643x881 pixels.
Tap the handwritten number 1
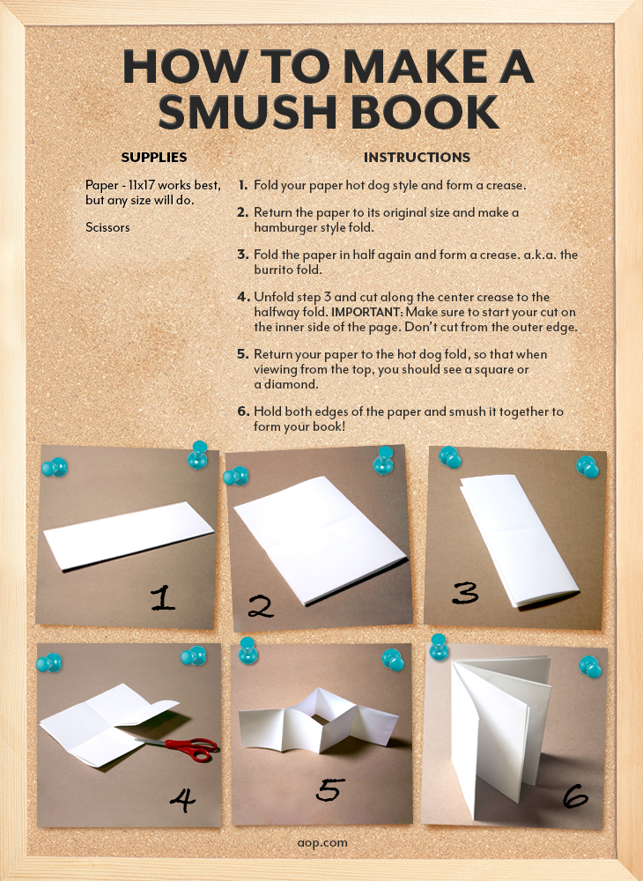click(163, 598)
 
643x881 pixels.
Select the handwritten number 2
click(260, 607)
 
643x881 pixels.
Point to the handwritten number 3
click(466, 593)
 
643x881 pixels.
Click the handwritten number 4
click(183, 800)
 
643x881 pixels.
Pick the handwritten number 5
click(329, 790)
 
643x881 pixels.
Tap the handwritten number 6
click(575, 796)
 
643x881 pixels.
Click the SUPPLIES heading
click(154, 158)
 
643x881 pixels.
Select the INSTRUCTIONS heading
click(417, 158)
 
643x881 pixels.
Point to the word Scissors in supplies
click(107, 227)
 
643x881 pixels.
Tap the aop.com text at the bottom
click(322, 843)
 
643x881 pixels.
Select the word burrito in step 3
click(275, 270)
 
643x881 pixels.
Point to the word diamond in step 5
click(291, 384)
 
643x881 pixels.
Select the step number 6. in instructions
click(242, 411)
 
